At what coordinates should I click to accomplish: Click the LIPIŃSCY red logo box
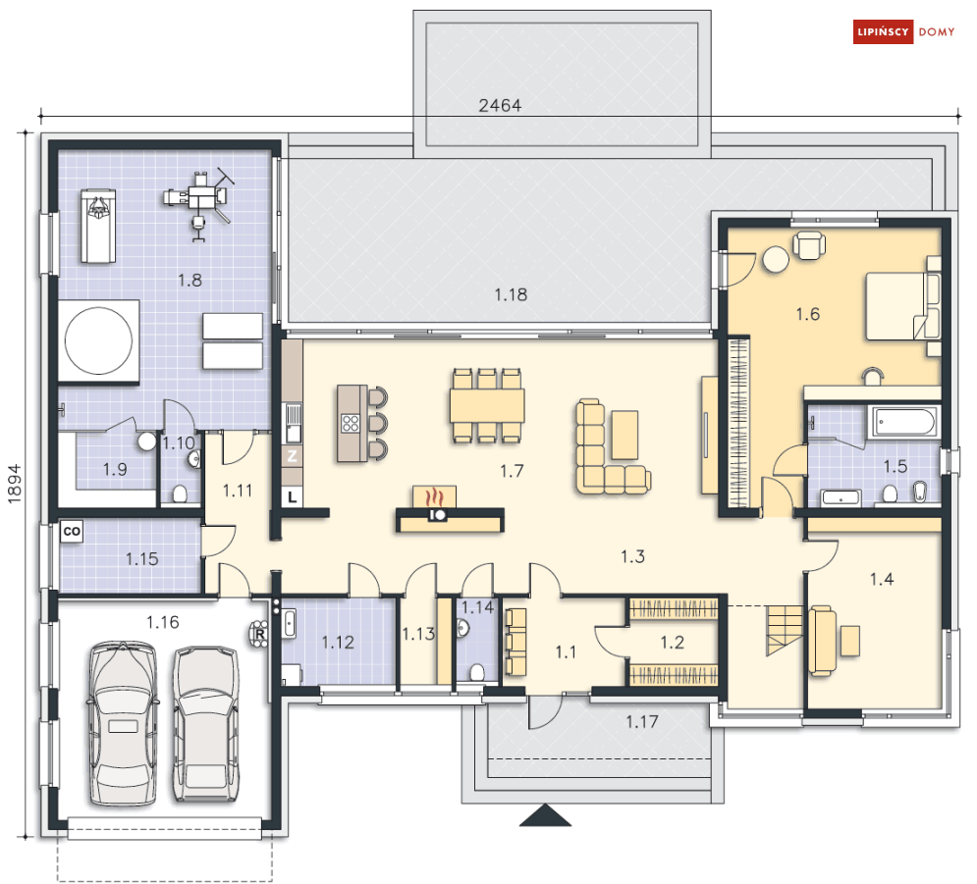883,32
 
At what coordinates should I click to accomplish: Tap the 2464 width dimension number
500,105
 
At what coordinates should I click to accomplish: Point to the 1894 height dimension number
15,484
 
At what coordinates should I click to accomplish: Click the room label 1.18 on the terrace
511,294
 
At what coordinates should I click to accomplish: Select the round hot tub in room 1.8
98,340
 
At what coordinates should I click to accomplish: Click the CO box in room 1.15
72,531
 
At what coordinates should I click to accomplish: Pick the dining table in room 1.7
487,406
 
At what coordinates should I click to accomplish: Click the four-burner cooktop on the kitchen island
351,423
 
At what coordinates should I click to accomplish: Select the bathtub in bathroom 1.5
902,422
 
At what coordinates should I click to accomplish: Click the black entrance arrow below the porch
545,814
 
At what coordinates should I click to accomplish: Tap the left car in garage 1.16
122,724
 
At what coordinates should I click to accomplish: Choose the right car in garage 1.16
205,724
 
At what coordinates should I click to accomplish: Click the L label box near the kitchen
293,497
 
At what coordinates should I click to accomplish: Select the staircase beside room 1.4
785,630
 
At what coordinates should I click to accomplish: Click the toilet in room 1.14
477,672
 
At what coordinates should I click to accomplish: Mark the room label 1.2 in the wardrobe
673,642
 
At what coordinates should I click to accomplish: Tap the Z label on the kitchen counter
293,456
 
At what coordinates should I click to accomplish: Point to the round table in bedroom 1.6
777,259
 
